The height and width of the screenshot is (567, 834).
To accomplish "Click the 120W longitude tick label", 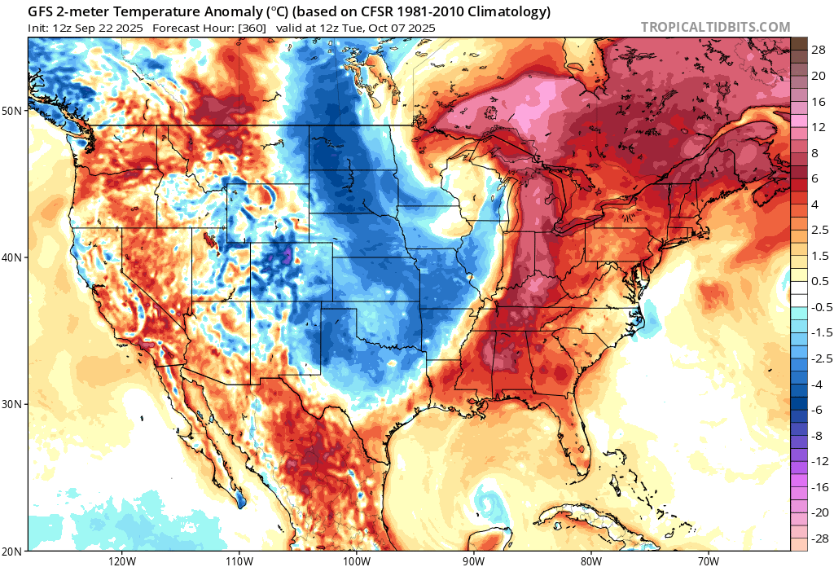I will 121,560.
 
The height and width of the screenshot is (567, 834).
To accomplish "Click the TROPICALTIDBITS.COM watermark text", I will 715,27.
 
